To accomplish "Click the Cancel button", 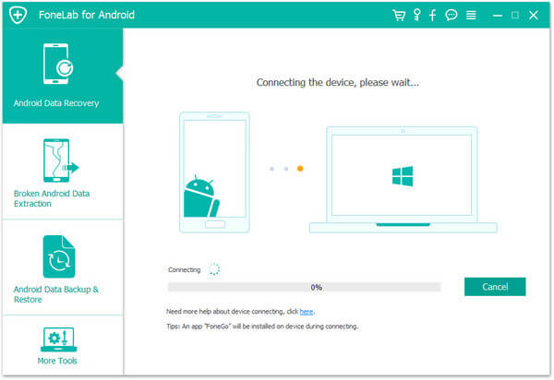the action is click(x=495, y=287).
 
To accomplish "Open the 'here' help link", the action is click(x=306, y=312).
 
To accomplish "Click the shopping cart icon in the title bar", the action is click(x=399, y=15).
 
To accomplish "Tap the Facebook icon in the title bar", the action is click(x=432, y=15).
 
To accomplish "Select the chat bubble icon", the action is click(x=452, y=15).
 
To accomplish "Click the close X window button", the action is click(x=533, y=15).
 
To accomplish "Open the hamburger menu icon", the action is click(x=471, y=15).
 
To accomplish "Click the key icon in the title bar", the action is click(x=417, y=15).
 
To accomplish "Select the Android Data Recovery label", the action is click(x=56, y=103).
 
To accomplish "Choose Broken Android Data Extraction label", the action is click(x=52, y=198).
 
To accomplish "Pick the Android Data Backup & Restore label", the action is click(x=55, y=294).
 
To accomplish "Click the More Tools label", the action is click(x=57, y=361).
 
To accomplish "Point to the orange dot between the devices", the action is click(x=300, y=169).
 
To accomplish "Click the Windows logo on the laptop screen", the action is click(x=403, y=176).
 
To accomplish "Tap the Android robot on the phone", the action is click(x=201, y=196).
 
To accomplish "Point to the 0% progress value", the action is click(x=316, y=287).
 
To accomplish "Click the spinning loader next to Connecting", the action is click(x=214, y=269).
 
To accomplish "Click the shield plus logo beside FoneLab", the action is click(x=18, y=15).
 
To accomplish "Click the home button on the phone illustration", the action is click(x=215, y=224).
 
